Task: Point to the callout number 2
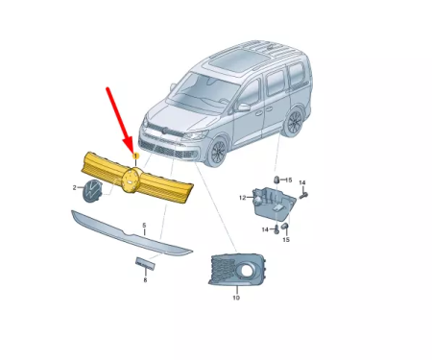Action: [76, 189]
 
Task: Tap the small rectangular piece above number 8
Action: [145, 264]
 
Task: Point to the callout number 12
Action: [244, 198]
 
